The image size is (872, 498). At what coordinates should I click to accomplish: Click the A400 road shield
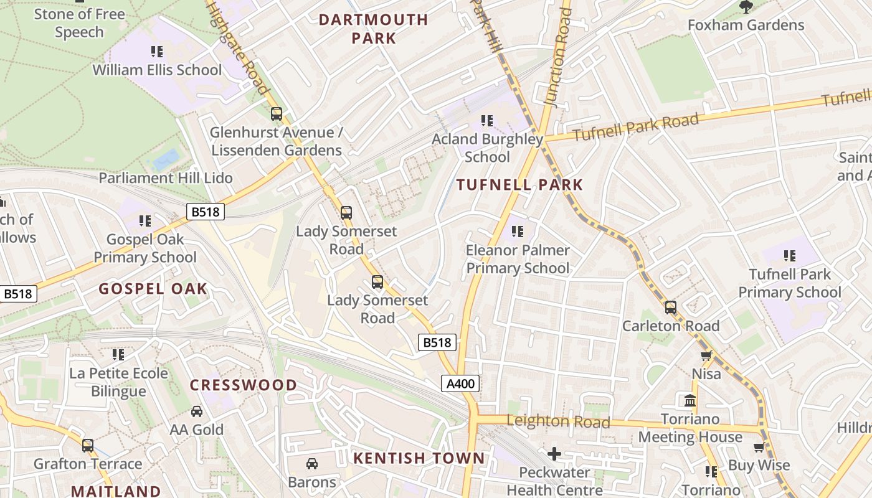pyautogui.click(x=461, y=383)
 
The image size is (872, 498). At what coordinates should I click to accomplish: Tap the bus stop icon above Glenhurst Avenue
pyautogui.click(x=277, y=114)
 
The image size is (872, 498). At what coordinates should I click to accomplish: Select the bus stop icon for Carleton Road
pyautogui.click(x=671, y=308)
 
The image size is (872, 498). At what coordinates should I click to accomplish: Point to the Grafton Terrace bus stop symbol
pyautogui.click(x=88, y=446)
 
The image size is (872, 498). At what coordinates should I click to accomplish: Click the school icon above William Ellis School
pyautogui.click(x=157, y=52)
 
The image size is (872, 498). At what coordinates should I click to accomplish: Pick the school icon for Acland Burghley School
pyautogui.click(x=487, y=121)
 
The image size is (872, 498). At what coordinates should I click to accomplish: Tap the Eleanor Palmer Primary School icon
pyautogui.click(x=518, y=232)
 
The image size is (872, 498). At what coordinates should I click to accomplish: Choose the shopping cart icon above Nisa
pyautogui.click(x=706, y=355)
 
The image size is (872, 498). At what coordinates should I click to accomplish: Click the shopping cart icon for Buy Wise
pyautogui.click(x=759, y=447)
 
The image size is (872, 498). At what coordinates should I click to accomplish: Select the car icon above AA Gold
pyautogui.click(x=197, y=411)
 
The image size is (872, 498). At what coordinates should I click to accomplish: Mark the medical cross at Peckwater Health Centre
pyautogui.click(x=554, y=454)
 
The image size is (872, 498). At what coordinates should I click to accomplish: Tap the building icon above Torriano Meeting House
pyautogui.click(x=690, y=400)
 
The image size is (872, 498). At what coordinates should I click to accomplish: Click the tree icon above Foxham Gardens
pyautogui.click(x=746, y=7)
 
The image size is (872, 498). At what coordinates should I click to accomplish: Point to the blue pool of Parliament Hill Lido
pyautogui.click(x=166, y=160)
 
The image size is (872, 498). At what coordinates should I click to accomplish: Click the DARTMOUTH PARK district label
pyautogui.click(x=373, y=29)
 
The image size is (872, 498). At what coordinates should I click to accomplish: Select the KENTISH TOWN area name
pyautogui.click(x=419, y=459)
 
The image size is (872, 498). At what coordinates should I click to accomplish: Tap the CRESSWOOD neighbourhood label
pyautogui.click(x=244, y=385)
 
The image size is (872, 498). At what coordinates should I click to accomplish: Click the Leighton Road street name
pyautogui.click(x=558, y=421)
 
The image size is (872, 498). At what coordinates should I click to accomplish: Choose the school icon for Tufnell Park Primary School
pyautogui.click(x=790, y=255)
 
